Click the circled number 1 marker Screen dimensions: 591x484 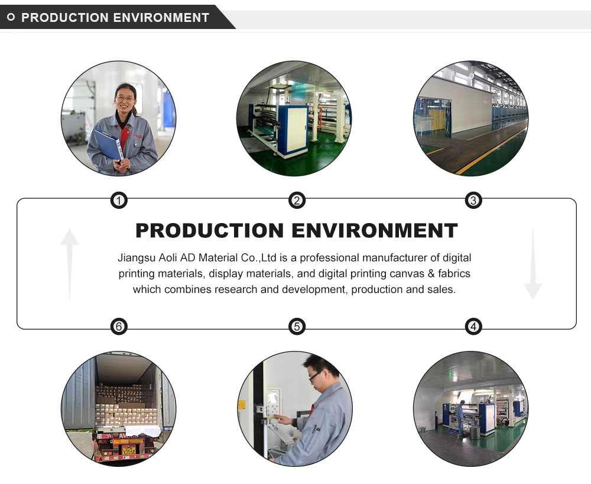click(119, 201)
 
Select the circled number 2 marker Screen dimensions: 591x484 click(297, 201)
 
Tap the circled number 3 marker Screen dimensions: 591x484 click(473, 201)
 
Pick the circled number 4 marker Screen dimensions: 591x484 click(473, 326)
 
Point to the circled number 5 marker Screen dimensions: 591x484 click(297, 326)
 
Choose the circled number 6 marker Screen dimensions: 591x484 click(119, 326)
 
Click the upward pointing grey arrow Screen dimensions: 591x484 click(70, 264)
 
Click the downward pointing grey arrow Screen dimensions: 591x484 click(533, 264)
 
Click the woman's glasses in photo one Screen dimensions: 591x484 click(125, 98)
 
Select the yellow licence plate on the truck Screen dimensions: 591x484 click(129, 450)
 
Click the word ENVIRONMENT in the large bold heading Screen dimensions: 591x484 click(375, 231)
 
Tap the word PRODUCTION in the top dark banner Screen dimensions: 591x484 click(65, 17)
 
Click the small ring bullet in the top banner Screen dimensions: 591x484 click(11, 17)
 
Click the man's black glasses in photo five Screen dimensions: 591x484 click(316, 375)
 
